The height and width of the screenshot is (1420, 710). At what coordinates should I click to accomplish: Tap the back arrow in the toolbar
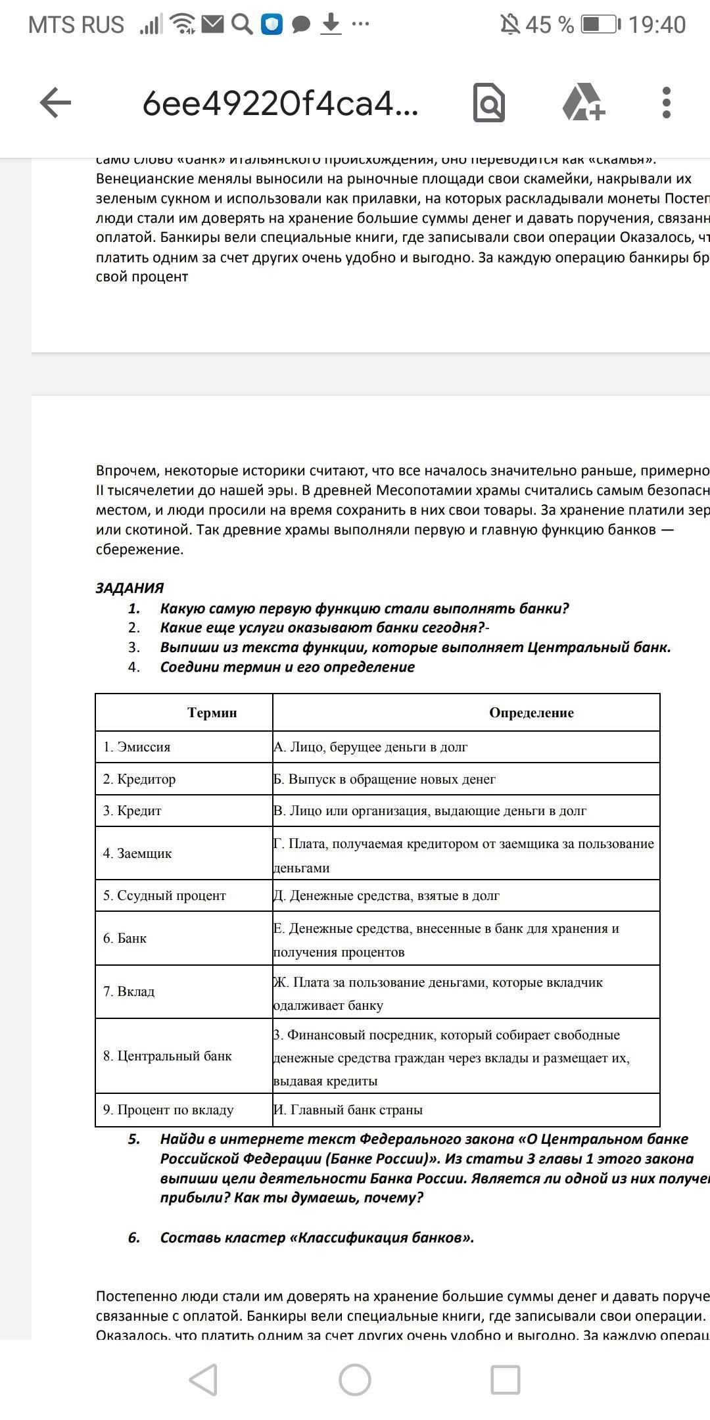pos(55,103)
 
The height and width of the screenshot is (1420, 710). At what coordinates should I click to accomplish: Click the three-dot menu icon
pos(666,103)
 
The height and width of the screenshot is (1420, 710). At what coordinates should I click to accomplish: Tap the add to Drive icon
pos(583,103)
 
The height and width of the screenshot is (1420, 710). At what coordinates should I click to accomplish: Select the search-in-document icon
pos(489,103)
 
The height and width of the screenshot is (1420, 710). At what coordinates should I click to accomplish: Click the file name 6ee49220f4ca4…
pos(280,104)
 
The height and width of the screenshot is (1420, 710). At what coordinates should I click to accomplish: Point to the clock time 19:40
pos(657,25)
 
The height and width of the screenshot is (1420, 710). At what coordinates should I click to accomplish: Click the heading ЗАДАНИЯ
pos(130,588)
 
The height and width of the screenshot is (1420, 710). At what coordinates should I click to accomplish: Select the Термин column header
pos(212,713)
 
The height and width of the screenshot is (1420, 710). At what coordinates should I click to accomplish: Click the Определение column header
pos(531,713)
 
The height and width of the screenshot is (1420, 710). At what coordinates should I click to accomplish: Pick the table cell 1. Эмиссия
pos(137,747)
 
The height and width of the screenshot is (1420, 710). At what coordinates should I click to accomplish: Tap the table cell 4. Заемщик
pos(137,853)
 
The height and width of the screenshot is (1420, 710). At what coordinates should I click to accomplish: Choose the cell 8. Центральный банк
pos(168,1056)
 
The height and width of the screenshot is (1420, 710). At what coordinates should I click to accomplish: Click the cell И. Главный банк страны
pos(348,1110)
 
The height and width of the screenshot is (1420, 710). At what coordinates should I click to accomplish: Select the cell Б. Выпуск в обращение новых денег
pos(385,779)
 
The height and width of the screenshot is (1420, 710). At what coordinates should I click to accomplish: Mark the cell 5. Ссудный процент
pos(164,895)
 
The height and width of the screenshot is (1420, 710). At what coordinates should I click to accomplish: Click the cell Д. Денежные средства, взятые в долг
pos(387,895)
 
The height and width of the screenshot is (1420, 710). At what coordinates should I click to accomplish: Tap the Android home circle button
pos(355,1379)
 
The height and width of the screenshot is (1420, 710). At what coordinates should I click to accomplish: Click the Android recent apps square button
pos(506,1379)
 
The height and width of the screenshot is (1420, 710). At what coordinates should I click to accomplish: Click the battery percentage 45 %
pos(550,25)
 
